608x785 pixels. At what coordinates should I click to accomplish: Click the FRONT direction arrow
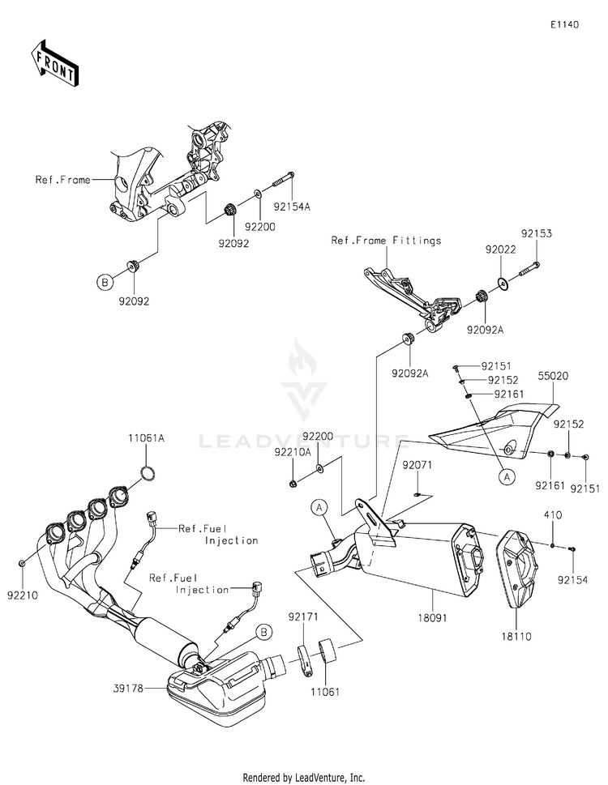54,63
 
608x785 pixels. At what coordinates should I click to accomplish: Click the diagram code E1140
564,24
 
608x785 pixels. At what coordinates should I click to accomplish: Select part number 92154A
292,207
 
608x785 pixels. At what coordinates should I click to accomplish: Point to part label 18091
432,618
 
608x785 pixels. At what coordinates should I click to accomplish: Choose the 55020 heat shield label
554,375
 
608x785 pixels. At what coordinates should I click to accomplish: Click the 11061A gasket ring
148,472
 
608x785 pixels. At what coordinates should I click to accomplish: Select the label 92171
303,616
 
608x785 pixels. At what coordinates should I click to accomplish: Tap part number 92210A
293,452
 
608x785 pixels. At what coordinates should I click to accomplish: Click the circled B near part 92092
105,283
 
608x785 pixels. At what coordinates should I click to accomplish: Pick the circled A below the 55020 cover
507,477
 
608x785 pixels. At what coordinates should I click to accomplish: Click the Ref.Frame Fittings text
386,241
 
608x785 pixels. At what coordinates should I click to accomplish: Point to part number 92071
417,465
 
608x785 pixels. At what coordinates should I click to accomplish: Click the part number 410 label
552,514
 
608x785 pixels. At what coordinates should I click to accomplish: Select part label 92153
537,233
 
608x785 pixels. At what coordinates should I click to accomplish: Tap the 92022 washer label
500,249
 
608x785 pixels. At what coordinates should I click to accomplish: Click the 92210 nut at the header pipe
22,564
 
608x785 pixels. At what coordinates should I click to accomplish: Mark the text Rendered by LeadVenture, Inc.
303,778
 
